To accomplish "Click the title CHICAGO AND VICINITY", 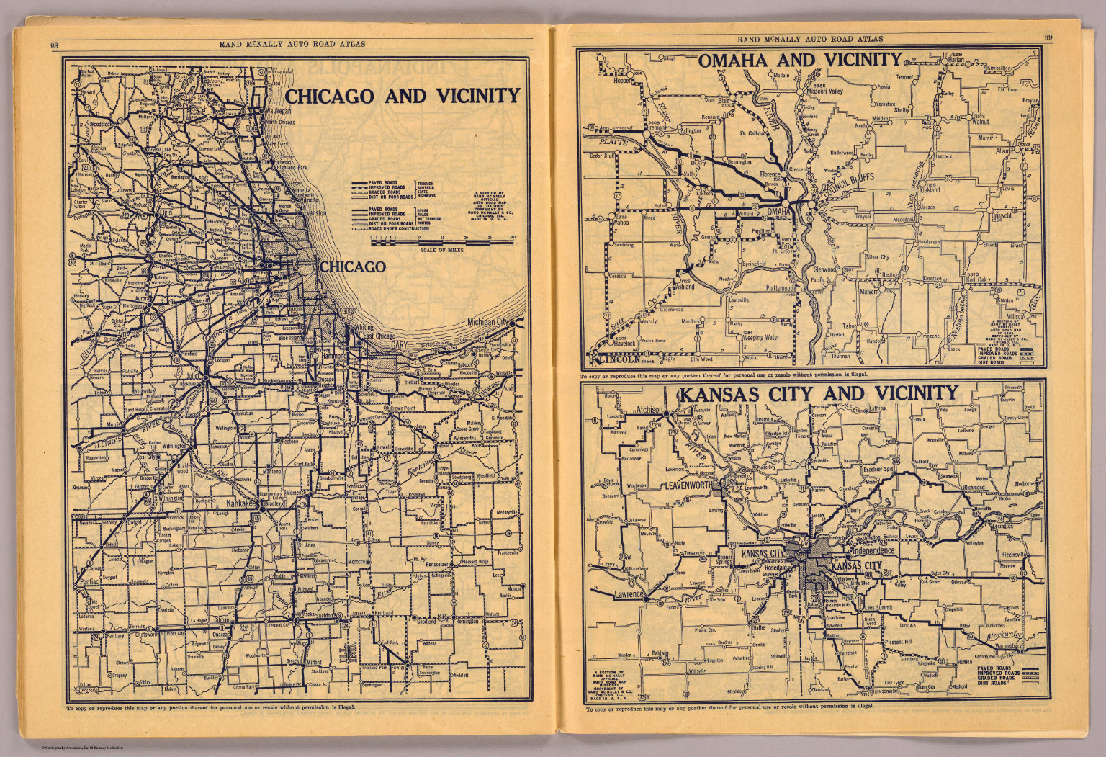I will coord(403,97).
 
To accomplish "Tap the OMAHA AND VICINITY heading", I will coord(799,61).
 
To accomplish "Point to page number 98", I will coord(55,45).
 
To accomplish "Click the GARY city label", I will coord(400,346).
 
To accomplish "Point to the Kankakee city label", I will coord(241,503).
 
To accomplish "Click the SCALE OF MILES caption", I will coord(441,249).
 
